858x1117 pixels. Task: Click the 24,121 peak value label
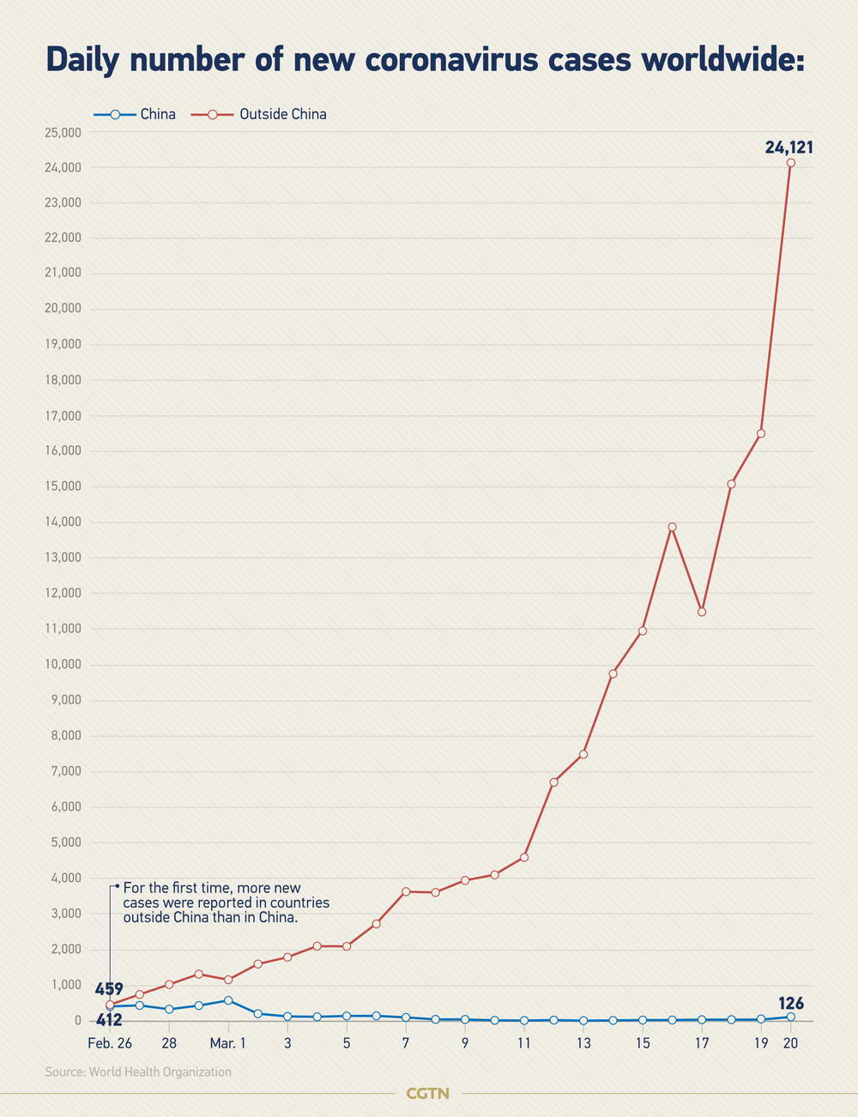point(789,148)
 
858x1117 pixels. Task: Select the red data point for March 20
point(790,163)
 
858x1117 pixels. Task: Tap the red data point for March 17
point(702,612)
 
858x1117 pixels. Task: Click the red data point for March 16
point(672,527)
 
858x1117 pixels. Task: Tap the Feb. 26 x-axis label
point(110,1043)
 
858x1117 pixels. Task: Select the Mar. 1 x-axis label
point(228,1043)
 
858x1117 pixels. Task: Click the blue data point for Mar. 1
point(228,1000)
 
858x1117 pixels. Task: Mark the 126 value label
point(790,1003)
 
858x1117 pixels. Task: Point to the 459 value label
point(109,989)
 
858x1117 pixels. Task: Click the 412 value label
point(109,1020)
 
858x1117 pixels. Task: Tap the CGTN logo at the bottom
point(427,1093)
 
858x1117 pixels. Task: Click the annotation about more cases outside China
point(226,903)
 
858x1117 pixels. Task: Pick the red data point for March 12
point(553,782)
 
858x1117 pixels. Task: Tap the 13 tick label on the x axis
point(583,1043)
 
